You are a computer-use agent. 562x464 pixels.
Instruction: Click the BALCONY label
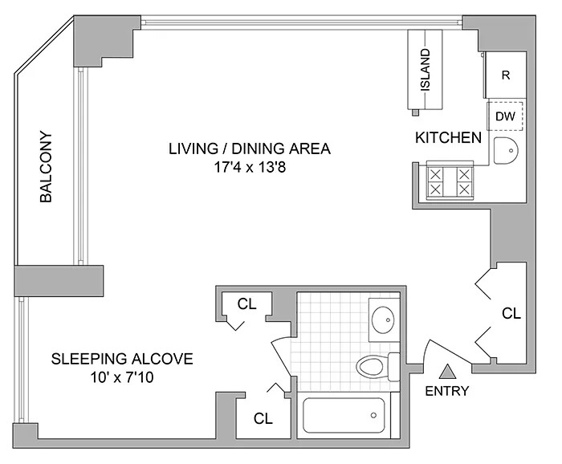pos(47,167)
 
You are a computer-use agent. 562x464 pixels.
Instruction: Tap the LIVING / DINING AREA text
pos(249,149)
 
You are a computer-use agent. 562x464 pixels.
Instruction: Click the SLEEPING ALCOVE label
pos(122,358)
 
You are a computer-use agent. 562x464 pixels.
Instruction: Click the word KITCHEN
pos(448,138)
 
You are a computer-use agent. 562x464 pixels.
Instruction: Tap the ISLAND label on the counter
pos(426,70)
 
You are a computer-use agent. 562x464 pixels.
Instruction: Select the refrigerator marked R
pos(506,75)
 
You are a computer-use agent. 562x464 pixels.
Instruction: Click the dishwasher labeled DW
pos(505,116)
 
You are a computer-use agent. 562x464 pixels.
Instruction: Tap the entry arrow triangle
pos(447,372)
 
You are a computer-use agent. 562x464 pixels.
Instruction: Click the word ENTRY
pos(446,392)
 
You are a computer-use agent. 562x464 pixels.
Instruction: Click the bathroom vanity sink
pos(385,320)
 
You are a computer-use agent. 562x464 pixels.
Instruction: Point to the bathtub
pos(344,416)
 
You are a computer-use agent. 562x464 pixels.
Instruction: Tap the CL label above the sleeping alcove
pos(247,304)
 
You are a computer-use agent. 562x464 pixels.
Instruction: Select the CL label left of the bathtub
pos(263,418)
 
